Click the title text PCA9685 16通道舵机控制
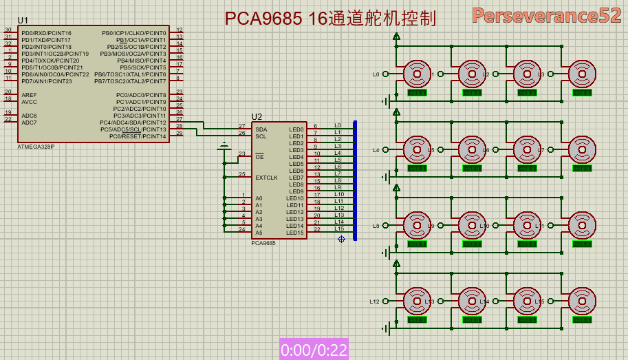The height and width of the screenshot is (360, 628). pyautogui.click(x=331, y=19)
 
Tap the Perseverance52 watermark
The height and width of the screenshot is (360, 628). pyautogui.click(x=546, y=16)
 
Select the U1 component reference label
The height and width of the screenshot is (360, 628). pyautogui.click(x=23, y=21)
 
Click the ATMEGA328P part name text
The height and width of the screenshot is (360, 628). pyautogui.click(x=36, y=147)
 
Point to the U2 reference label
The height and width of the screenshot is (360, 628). pyautogui.click(x=257, y=116)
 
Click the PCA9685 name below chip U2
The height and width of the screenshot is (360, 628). pyautogui.click(x=263, y=243)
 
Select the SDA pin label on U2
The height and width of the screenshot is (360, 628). pyautogui.click(x=261, y=129)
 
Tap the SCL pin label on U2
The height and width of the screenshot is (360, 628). pyautogui.click(x=261, y=136)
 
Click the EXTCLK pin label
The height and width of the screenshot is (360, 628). pyautogui.click(x=266, y=178)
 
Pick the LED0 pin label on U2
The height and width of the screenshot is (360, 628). pyautogui.click(x=296, y=129)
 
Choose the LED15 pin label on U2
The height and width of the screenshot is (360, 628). pyautogui.click(x=294, y=233)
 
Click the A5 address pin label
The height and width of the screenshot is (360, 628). pyautogui.click(x=259, y=233)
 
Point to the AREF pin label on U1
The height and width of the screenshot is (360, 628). pyautogui.click(x=29, y=95)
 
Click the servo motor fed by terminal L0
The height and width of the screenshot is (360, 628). pyautogui.click(x=416, y=73)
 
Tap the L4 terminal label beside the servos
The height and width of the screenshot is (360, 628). pyautogui.click(x=376, y=150)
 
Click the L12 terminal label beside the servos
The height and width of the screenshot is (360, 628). pyautogui.click(x=374, y=301)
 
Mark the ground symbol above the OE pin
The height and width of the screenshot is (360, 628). pyautogui.click(x=224, y=147)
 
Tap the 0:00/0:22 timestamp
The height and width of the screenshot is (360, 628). pyautogui.click(x=313, y=350)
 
